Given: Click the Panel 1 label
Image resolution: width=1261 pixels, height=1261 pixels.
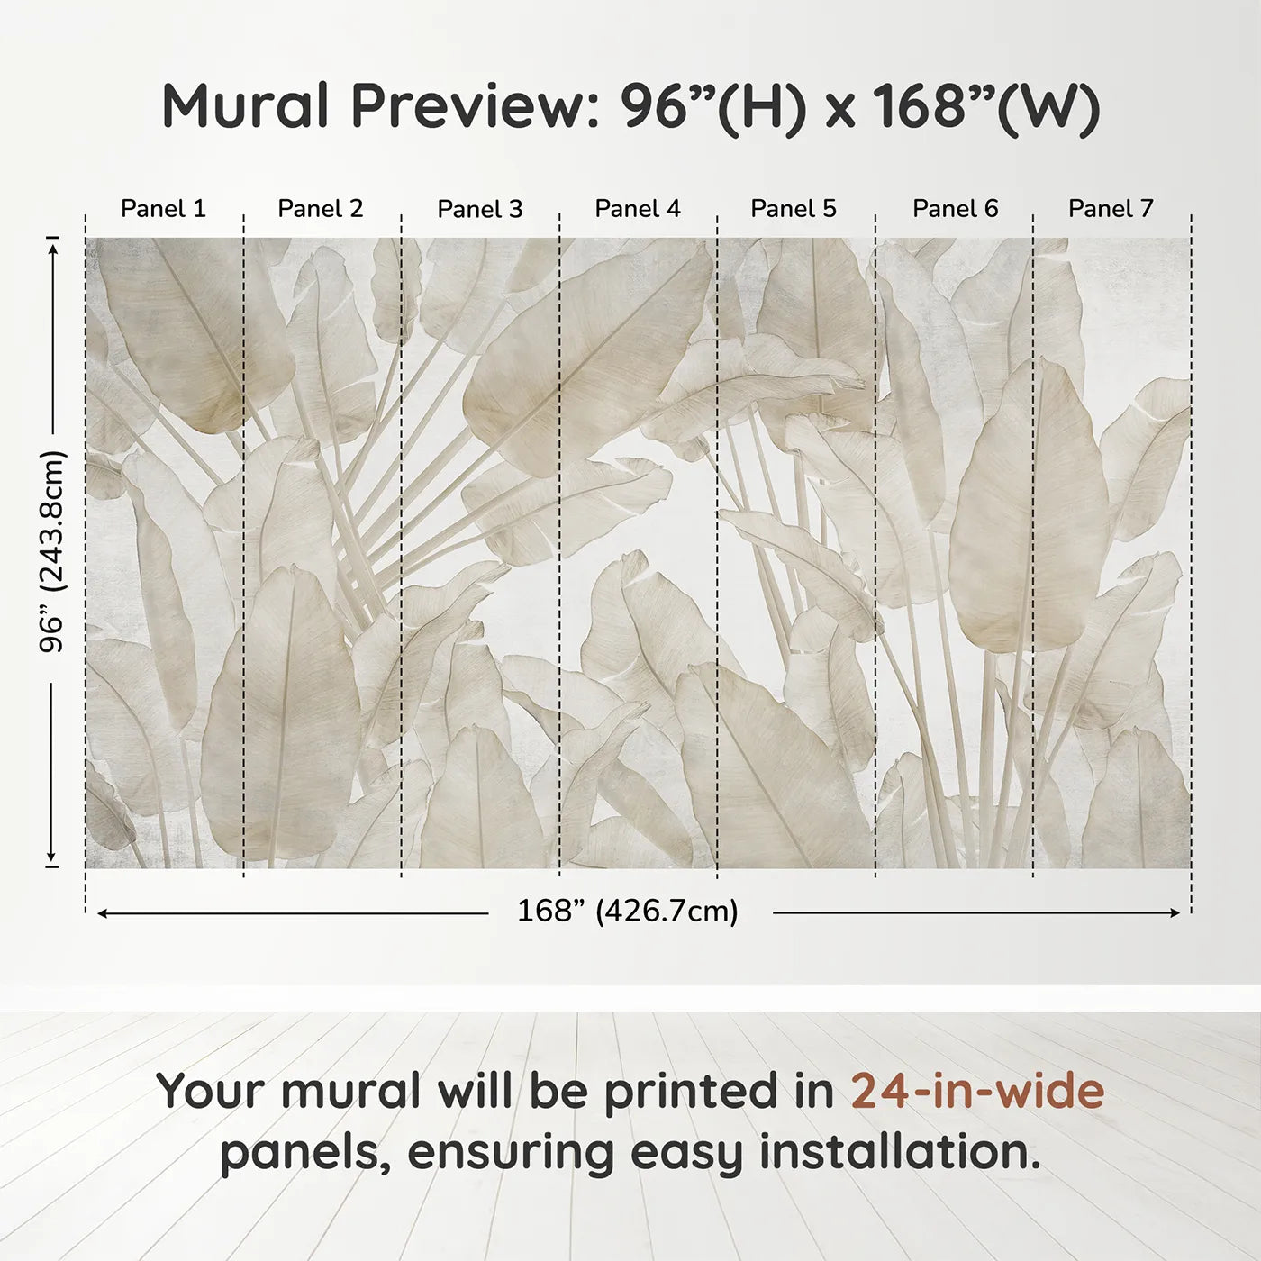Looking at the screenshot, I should pyautogui.click(x=163, y=209).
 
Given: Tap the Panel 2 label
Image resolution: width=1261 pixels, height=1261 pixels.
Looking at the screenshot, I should pyautogui.click(x=321, y=209).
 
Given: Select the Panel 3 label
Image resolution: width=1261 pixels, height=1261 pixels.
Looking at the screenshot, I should pyautogui.click(x=479, y=209).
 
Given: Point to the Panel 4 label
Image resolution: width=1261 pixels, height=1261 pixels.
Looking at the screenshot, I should pyautogui.click(x=638, y=209).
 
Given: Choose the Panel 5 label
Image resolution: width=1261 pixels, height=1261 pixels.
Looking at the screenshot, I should pyautogui.click(x=794, y=209).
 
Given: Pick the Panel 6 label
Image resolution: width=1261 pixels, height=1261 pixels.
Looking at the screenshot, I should pyautogui.click(x=955, y=209).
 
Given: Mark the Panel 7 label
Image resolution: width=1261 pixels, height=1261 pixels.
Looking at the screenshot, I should pyautogui.click(x=1111, y=209).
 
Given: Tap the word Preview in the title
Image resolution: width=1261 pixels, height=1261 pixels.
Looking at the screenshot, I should pyautogui.click(x=468, y=106).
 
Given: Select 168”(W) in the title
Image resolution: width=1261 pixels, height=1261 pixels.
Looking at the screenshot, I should pyautogui.click(x=985, y=106).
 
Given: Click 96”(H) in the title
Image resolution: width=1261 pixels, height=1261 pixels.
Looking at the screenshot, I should pyautogui.click(x=712, y=106).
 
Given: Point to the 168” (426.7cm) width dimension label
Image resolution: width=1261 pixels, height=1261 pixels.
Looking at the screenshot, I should pyautogui.click(x=628, y=912).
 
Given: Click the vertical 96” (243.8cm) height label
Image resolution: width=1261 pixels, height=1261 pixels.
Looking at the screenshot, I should pyautogui.click(x=53, y=551).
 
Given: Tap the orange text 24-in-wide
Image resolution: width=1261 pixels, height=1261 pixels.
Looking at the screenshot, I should pyautogui.click(x=977, y=1091).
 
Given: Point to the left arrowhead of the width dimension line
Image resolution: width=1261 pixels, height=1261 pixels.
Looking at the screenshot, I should pyautogui.click(x=102, y=913).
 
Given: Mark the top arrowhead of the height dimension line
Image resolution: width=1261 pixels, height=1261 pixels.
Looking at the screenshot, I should pyautogui.click(x=53, y=243).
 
